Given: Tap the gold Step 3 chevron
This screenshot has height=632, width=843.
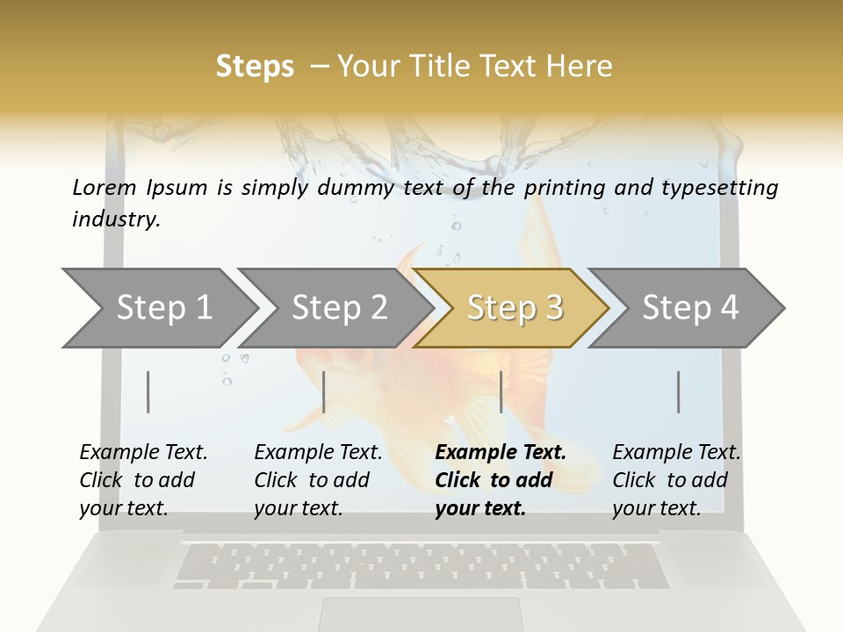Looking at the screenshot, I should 514,308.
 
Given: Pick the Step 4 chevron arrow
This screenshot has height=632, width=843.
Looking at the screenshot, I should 689,308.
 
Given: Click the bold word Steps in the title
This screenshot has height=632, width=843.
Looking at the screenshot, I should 255,67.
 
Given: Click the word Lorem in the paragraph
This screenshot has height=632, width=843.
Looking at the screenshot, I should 104,187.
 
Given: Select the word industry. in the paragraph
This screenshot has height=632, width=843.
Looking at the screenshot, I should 116,219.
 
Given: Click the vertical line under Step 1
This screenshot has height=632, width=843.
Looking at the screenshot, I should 148,391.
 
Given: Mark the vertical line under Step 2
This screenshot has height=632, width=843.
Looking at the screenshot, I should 324,391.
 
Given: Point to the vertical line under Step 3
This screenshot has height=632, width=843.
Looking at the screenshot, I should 501,391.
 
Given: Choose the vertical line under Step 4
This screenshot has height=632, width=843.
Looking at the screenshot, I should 679,391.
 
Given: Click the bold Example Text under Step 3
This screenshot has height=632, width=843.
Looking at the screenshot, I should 501,452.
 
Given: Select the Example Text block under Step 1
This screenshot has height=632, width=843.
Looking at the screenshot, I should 142,480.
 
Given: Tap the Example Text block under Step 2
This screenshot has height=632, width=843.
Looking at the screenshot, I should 317,480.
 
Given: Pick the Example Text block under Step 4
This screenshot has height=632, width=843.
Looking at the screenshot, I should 675,480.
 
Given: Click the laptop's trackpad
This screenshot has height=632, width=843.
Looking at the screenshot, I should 421,614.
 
